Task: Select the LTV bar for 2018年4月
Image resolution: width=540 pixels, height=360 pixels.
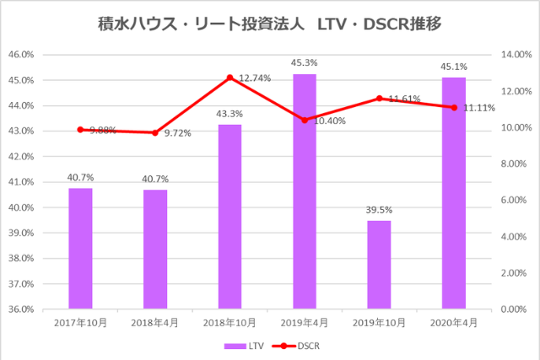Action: coord(155,249)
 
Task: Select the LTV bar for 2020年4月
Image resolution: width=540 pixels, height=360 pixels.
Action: coord(454,193)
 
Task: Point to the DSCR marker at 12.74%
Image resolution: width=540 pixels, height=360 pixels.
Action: coord(229,78)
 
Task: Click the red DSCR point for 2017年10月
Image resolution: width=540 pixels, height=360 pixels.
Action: coord(80,130)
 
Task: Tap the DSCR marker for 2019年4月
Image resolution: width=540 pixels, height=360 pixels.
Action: coord(305,120)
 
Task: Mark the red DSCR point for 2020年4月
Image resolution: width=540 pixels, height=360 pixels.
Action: coord(454,107)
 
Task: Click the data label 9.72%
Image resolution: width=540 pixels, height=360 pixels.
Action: coord(177,133)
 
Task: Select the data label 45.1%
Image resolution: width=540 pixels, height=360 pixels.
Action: coord(454,67)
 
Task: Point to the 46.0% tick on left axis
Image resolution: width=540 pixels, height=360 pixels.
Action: coord(44,55)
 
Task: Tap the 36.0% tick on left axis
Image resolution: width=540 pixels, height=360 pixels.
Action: coord(44,309)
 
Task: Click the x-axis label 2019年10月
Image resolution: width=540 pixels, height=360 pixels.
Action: coord(379,323)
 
